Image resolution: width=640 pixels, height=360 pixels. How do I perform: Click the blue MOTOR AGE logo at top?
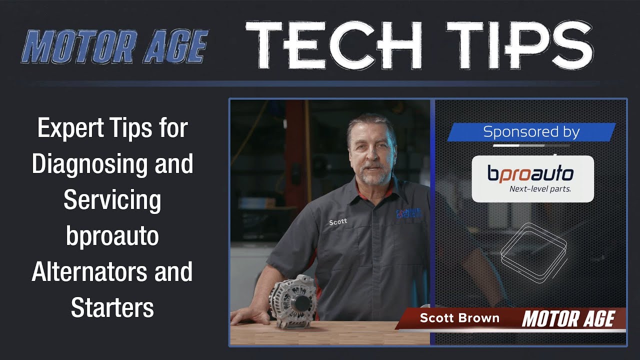[x=114, y=46]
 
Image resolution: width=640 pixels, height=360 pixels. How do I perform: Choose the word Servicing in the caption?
[x=112, y=200]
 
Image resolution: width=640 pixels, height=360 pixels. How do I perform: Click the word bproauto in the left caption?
[x=112, y=236]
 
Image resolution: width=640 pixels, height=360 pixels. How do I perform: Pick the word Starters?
[x=112, y=307]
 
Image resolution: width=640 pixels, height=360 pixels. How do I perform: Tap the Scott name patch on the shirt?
[x=338, y=222]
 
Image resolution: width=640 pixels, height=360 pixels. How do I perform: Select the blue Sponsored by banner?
[x=531, y=132]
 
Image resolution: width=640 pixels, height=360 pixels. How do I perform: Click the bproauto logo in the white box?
[x=530, y=173]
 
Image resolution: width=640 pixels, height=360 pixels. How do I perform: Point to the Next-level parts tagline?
[x=540, y=189]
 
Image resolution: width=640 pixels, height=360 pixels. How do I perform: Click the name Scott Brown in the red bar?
[x=459, y=318]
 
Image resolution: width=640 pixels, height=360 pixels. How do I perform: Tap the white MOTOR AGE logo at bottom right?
[x=568, y=318]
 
